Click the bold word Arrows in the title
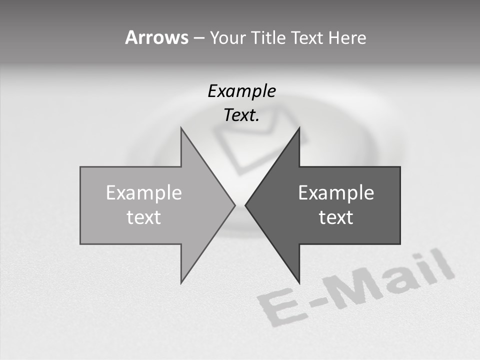(x=156, y=37)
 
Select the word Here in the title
(x=347, y=37)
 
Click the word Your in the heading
(x=227, y=37)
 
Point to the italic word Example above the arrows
(x=241, y=91)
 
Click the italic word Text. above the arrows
(x=241, y=115)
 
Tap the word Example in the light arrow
(x=144, y=193)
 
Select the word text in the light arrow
(x=144, y=217)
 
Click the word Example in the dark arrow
(x=336, y=193)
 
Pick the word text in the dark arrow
(x=336, y=217)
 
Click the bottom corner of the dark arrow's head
(x=299, y=282)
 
